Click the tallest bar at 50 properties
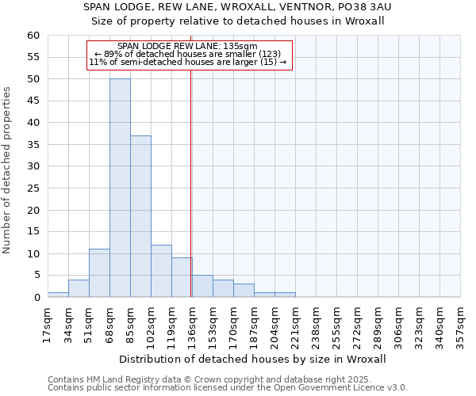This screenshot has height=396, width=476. pos(120,188)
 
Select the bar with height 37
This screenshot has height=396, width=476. pos(140,216)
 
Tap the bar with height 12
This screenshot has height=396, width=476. pos(161,271)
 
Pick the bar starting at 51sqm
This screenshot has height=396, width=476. pos(99,273)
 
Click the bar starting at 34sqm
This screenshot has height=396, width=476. pos(79,288)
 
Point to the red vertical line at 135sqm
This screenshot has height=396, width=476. pos(191,182)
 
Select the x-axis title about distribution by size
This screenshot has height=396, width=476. pos(255,359)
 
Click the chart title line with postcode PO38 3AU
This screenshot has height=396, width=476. pos(238,7)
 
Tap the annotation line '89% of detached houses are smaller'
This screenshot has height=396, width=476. pos(187,54)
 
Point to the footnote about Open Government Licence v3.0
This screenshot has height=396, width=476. pos(227,388)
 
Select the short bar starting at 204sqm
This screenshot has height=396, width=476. pos(285,295)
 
